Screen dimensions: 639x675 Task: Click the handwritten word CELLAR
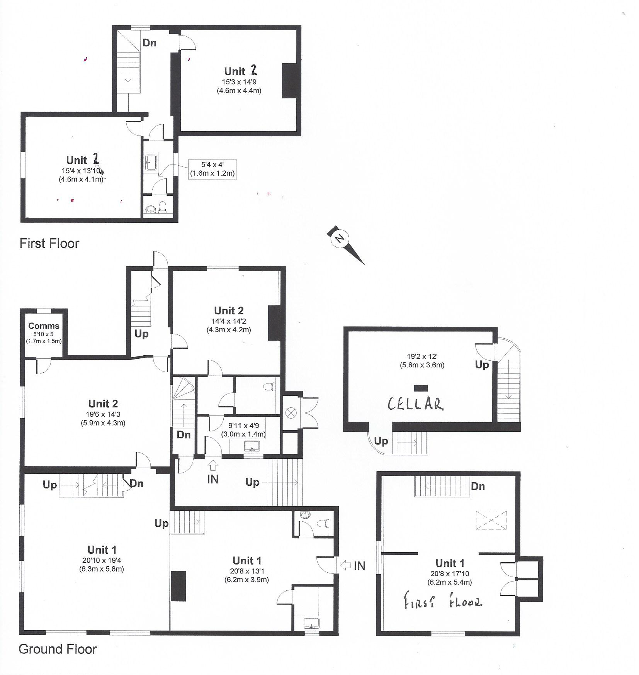point(415,404)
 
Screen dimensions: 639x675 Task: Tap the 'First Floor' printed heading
point(49,243)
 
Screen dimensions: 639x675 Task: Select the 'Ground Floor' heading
point(58,649)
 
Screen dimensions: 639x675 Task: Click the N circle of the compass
point(340,238)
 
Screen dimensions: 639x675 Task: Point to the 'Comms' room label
point(44,326)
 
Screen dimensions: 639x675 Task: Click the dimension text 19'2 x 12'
point(422,357)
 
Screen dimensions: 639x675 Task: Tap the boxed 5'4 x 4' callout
point(212,169)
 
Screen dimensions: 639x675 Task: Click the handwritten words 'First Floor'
point(443,601)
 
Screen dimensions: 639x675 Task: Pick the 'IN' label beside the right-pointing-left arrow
point(359,566)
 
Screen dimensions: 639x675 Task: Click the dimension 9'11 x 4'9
point(243,426)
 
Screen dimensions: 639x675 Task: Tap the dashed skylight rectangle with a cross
point(491,520)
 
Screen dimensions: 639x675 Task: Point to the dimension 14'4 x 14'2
point(229,321)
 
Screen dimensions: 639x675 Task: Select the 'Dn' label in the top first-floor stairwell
point(150,42)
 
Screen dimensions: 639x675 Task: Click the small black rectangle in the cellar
point(421,388)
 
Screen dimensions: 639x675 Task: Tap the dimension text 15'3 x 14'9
point(239,82)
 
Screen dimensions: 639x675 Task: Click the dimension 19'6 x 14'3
point(103,414)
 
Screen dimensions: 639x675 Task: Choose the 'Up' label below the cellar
point(381,441)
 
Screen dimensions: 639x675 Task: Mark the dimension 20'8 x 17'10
point(450,574)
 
